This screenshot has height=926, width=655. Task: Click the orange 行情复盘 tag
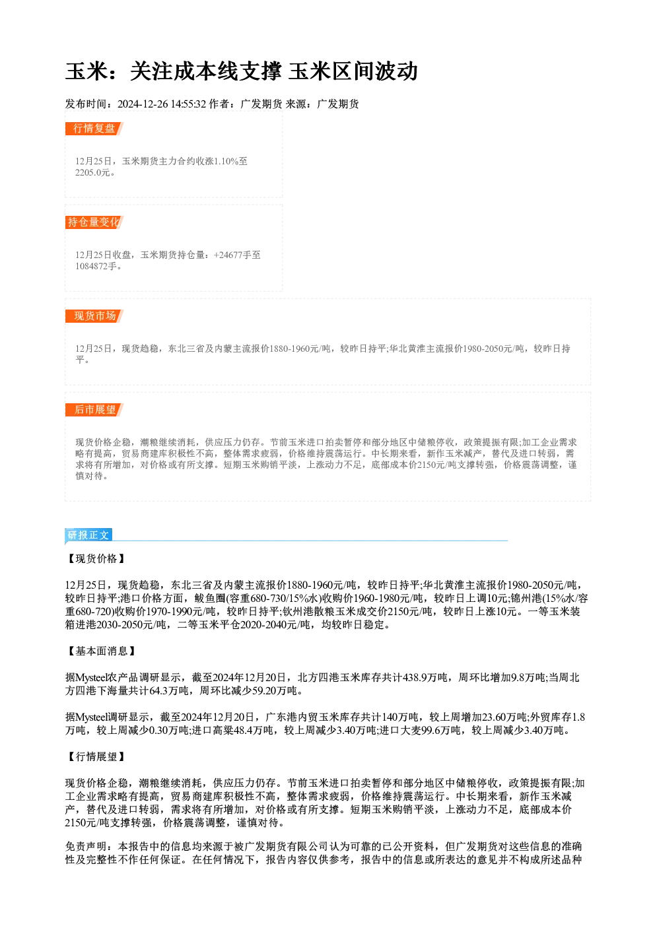(x=94, y=129)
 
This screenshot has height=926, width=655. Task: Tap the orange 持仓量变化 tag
(x=94, y=222)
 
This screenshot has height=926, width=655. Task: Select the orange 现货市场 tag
(x=94, y=316)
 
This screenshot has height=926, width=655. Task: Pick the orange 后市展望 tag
(x=94, y=410)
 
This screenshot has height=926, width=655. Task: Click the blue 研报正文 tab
(x=88, y=535)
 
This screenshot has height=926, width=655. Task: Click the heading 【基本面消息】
(x=101, y=651)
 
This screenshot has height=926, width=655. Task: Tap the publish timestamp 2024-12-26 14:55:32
(x=162, y=104)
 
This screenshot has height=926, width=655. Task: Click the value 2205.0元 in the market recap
(x=92, y=173)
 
